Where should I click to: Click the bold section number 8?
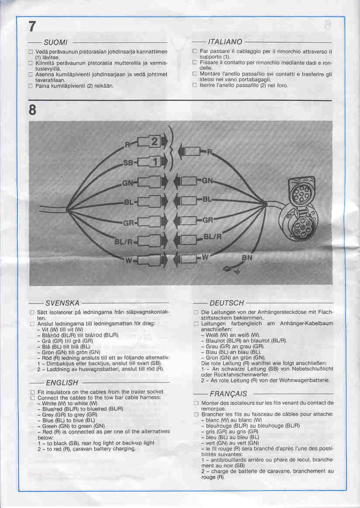tap(33, 110)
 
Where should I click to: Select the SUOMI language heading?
tap(56, 42)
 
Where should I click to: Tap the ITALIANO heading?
tap(225, 42)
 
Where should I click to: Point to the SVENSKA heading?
tap(63, 303)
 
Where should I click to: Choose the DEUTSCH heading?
tap(226, 303)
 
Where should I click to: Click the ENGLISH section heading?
tap(62, 382)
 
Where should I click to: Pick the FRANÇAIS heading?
tap(228, 394)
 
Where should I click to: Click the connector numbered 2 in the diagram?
tap(154, 142)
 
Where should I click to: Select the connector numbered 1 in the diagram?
tap(154, 162)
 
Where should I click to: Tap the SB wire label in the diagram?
tap(128, 163)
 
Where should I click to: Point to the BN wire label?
tap(247, 258)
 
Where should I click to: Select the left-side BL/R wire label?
tap(123, 242)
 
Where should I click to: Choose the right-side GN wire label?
tap(207, 181)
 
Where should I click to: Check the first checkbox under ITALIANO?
tap(195, 51)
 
